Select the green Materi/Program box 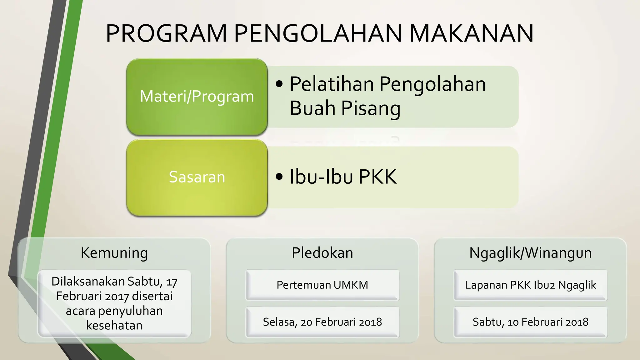coord(197,97)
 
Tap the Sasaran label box coord(197,177)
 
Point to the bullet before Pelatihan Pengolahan coord(279,84)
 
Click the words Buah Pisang coord(345,108)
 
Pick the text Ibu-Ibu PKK coord(343,177)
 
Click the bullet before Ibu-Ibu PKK coord(279,177)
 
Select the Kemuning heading coord(114,252)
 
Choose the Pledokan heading coord(322,252)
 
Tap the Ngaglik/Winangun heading coord(530,252)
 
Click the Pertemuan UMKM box coord(322,285)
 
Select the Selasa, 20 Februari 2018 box coord(322,322)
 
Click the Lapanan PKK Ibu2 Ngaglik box coord(530,285)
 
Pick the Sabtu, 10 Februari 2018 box coord(530,322)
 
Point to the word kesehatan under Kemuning coord(114,326)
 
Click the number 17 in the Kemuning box coord(172,282)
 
